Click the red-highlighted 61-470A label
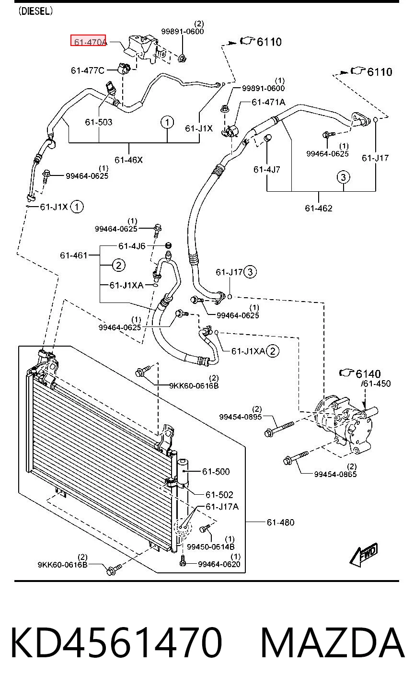coord(88,40)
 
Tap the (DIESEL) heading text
coord(35,12)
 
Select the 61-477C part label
coord(88,71)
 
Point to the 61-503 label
coord(98,122)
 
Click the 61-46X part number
coord(128,160)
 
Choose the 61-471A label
coord(268,102)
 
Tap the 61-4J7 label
coord(266,170)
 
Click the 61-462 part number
coord(318,208)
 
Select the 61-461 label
coord(74,256)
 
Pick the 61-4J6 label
coord(132,246)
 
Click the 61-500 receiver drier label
coord(216,471)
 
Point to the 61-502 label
coord(219,495)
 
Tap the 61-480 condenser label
coord(280,522)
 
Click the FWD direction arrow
coord(364,554)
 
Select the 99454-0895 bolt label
coord(241,417)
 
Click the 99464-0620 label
coord(219,564)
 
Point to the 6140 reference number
coord(368,373)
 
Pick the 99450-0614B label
coord(210,547)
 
